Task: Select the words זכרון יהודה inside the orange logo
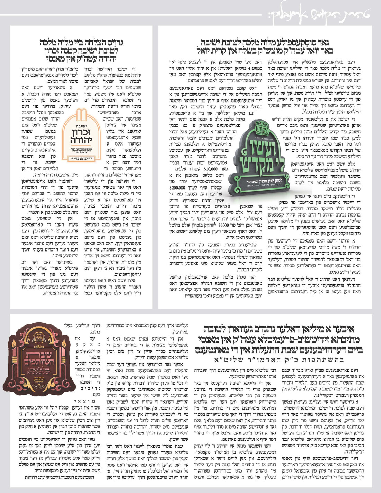click(81, 136)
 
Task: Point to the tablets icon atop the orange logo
click(81, 115)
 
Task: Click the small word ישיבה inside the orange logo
click(82, 126)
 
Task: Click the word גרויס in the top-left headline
click(115, 43)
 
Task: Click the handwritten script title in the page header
click(319, 14)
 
